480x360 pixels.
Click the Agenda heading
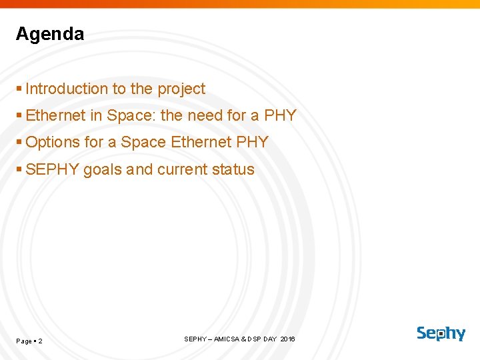click(50, 34)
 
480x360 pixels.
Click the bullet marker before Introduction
click(19, 89)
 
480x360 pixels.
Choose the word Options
click(52, 142)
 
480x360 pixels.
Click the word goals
click(103, 169)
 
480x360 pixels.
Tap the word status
click(233, 169)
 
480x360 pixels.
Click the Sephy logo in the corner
click(441, 333)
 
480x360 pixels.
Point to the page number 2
click(41, 341)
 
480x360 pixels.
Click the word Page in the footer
click(24, 341)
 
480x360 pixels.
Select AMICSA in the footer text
click(227, 339)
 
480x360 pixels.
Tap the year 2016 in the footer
click(287, 339)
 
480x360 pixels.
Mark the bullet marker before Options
click(19, 142)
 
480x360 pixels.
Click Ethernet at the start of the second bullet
click(55, 115)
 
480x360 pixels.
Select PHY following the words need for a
click(280, 115)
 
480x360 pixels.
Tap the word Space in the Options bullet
click(143, 142)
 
